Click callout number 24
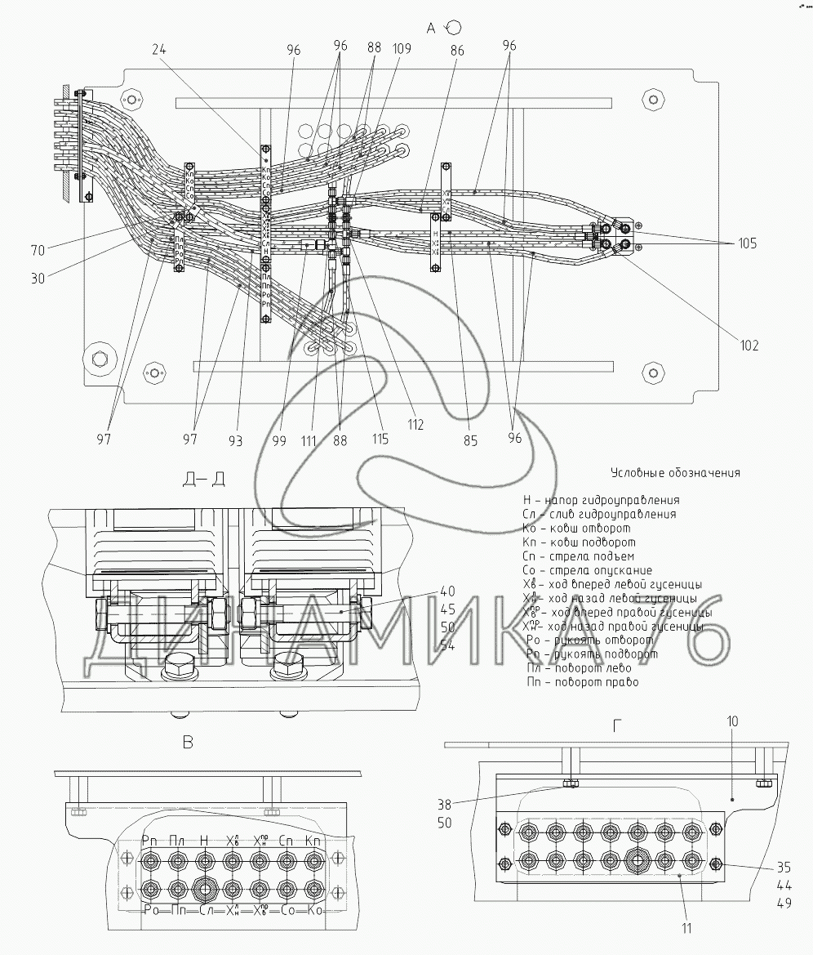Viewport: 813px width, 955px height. pos(160,49)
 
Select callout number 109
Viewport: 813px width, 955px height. pos(402,49)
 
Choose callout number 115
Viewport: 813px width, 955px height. pos(380,440)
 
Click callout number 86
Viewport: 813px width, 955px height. pos(456,49)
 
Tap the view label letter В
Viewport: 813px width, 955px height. pos(188,742)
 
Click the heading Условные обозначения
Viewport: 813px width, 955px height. pos(674,472)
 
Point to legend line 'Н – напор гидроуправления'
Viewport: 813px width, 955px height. pos(601,500)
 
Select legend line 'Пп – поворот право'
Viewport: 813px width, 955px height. pos(582,681)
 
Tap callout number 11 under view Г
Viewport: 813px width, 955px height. pos(687,928)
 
